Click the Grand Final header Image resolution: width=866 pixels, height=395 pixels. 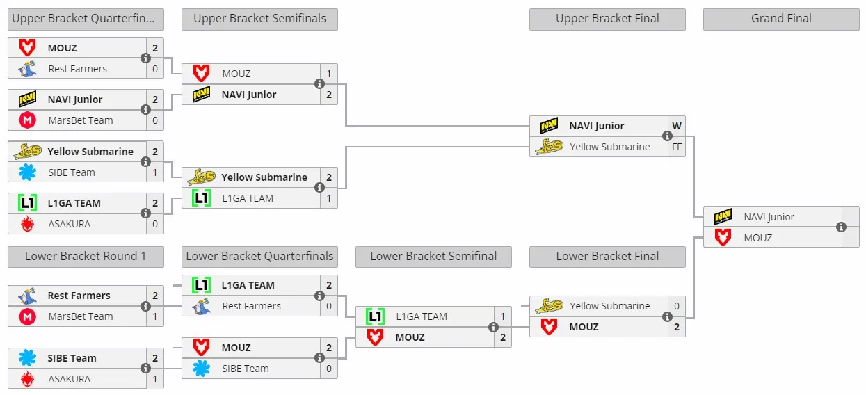(781, 19)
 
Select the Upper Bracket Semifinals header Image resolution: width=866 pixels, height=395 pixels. (259, 19)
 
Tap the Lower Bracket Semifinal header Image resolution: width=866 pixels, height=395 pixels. (433, 256)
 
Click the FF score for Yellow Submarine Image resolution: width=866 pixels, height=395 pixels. (677, 147)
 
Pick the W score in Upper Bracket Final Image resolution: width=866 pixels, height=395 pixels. (677, 126)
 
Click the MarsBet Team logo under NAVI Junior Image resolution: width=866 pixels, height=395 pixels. (27, 120)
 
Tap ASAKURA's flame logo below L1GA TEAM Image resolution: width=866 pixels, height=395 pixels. (27, 224)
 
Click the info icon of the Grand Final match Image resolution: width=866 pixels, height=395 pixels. (841, 227)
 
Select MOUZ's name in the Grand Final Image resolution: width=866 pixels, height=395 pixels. (757, 238)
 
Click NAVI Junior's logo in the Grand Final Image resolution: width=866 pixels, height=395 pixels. (723, 217)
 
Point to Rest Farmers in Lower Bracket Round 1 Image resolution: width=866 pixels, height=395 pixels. (79, 296)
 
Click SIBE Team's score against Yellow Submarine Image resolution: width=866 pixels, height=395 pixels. (155, 172)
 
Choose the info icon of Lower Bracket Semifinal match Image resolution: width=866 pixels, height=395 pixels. (493, 327)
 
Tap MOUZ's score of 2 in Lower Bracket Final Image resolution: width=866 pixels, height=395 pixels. (677, 327)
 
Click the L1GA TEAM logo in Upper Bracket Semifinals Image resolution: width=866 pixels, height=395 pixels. (202, 198)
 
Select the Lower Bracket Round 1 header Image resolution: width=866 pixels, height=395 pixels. (86, 256)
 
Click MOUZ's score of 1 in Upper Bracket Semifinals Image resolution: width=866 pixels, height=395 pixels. (328, 74)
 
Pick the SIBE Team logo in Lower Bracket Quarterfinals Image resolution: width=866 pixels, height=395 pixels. (202, 369)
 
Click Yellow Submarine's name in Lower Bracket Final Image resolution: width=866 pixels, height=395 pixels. (610, 306)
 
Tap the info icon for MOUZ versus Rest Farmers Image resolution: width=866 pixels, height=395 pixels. (145, 58)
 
